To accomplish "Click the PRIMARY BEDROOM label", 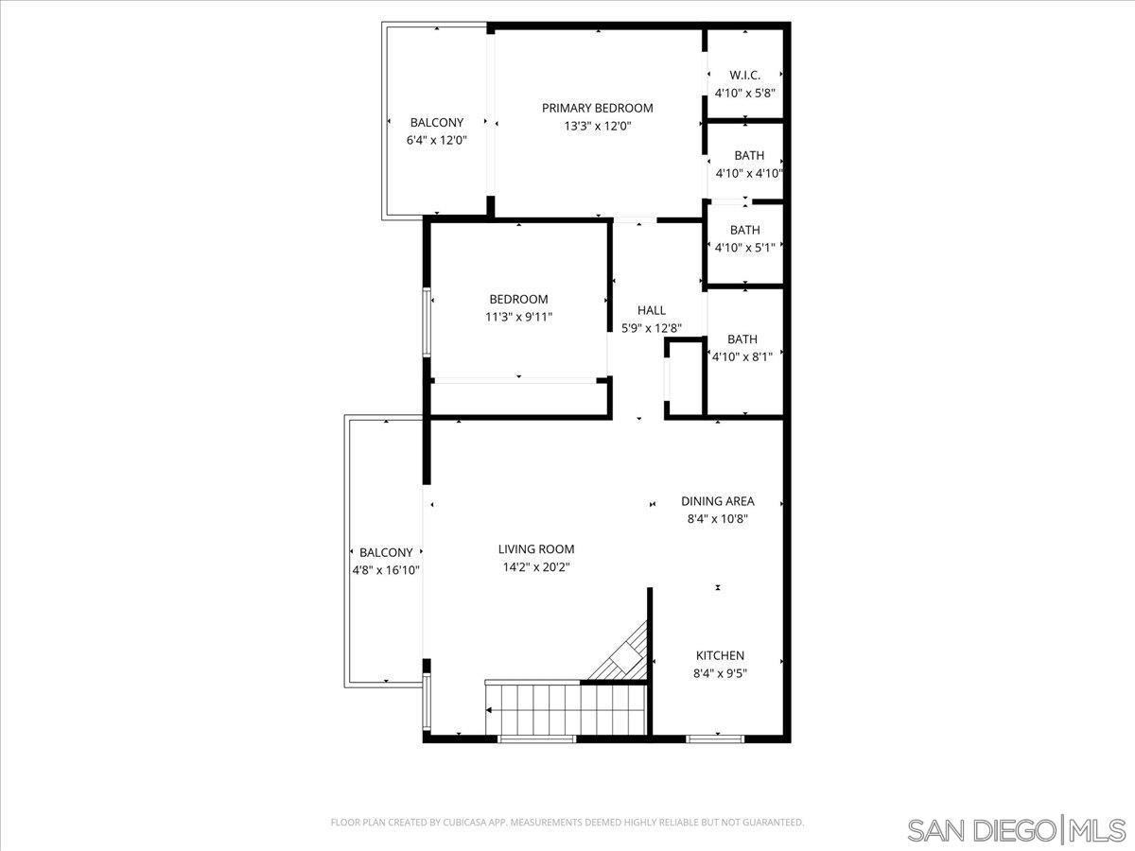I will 597,108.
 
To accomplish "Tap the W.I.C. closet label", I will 744,75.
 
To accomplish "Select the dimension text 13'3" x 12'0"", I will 597,126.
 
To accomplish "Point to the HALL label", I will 651,310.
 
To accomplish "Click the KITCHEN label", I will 720,655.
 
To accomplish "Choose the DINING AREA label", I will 717,501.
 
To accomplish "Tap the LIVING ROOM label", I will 536,549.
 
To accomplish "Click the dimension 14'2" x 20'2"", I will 536,567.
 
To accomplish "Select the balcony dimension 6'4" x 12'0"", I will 436,140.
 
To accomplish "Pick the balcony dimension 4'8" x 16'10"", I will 386,570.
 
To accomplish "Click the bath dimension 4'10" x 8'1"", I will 742,356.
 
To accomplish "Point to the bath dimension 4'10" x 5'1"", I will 744,248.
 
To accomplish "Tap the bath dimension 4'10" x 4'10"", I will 748,173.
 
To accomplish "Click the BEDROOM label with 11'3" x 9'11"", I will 518,300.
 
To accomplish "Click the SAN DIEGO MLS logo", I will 1018,829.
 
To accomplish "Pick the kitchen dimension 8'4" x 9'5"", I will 720,674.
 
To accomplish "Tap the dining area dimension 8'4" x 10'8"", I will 717,518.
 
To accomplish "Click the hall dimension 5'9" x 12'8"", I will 651,328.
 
